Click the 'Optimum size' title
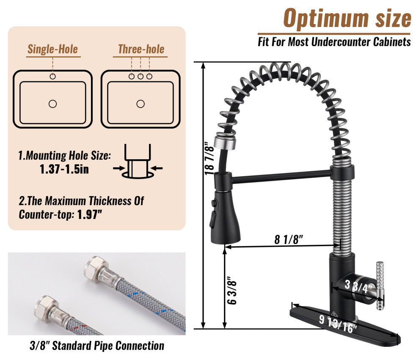347,18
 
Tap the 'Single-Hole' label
52,49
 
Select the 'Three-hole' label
141,49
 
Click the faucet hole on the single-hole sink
52,77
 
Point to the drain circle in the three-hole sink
141,104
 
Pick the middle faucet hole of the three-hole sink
141,77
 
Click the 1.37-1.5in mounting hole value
64,169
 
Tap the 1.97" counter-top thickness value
90,214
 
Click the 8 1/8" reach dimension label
289,239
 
